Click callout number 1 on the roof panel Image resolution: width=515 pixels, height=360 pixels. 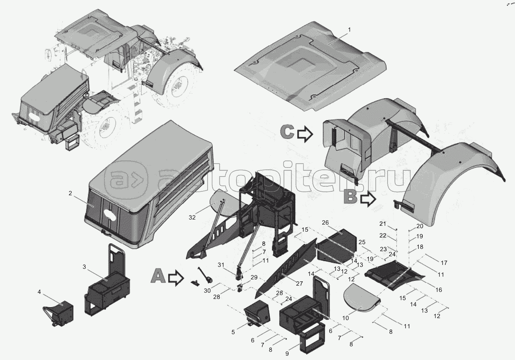(x=350, y=30)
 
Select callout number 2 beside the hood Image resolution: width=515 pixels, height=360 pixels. (x=70, y=193)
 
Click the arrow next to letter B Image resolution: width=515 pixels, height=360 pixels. (x=368, y=200)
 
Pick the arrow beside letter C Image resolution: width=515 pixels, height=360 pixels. (x=305, y=134)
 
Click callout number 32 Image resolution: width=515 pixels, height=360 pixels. (x=192, y=218)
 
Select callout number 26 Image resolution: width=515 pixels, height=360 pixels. (x=325, y=223)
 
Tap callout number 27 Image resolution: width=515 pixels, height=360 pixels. (x=300, y=284)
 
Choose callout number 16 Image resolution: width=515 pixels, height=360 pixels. (x=439, y=290)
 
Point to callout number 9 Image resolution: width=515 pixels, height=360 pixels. (x=287, y=354)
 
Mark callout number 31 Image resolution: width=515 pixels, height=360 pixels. (x=221, y=265)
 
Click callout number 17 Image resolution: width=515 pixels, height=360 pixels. (x=444, y=263)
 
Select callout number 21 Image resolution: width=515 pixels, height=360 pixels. (x=382, y=223)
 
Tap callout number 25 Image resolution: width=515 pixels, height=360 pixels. (x=362, y=242)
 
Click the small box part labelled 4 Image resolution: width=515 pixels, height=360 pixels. (x=58, y=314)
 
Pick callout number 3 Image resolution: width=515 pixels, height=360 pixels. (x=84, y=267)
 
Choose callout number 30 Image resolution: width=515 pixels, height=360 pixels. (x=207, y=291)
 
